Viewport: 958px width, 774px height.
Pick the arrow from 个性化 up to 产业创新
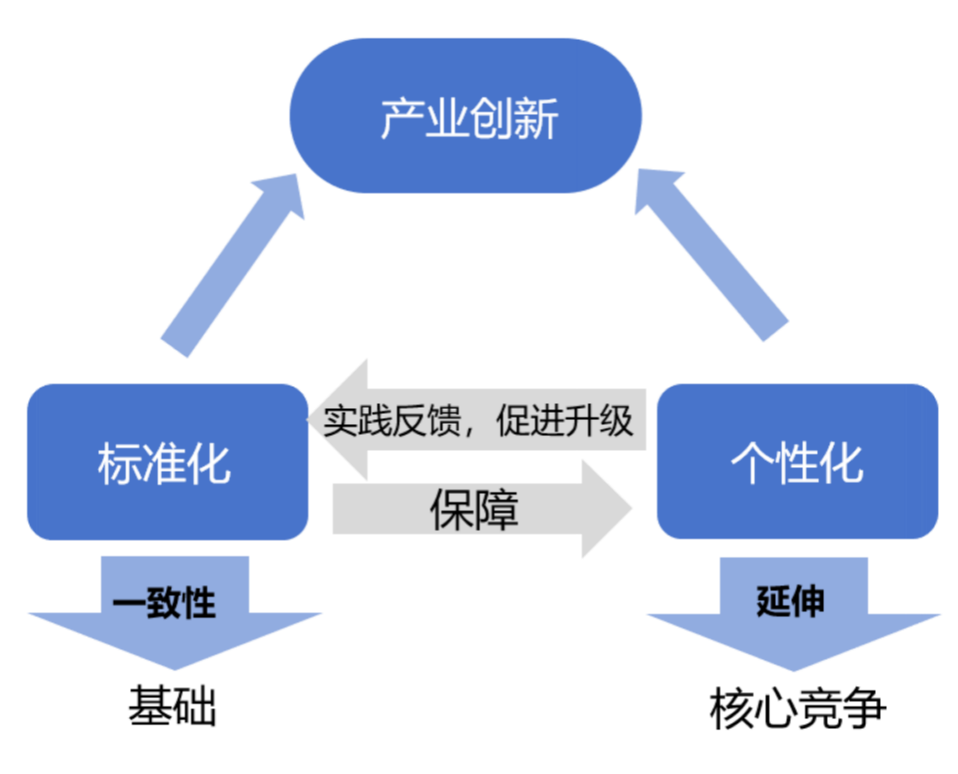tap(709, 253)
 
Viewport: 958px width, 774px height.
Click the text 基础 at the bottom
tap(172, 706)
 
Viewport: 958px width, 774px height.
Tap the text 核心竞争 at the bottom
tap(797, 709)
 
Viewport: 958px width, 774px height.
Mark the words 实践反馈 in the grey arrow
tap(392, 421)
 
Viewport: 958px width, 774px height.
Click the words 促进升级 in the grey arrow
tap(564, 421)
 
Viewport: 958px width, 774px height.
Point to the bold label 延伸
tap(790, 601)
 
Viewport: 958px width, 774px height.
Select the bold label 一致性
tap(164, 603)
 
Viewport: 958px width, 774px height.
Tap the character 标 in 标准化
tap(120, 463)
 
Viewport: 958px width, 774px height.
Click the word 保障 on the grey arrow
tap(473, 510)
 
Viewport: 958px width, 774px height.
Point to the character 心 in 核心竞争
tap(776, 709)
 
